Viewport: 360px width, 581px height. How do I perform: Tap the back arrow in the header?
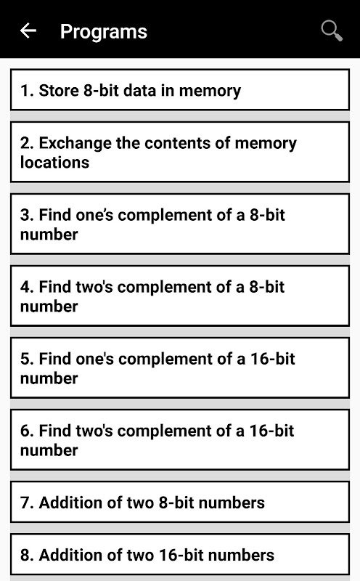[x=28, y=31]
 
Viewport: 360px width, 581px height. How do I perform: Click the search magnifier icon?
[x=332, y=31]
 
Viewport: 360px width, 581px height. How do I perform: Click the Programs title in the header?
[x=104, y=31]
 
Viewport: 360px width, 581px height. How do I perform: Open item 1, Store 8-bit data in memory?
[x=180, y=89]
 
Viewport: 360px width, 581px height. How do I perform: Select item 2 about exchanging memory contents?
[x=180, y=152]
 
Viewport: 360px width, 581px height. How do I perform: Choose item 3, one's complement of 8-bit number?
[x=180, y=224]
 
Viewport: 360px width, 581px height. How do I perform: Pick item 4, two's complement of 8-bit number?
[x=180, y=296]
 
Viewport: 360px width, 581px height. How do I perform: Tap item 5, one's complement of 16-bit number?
[x=180, y=367]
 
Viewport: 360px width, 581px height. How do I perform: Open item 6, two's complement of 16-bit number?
[x=180, y=439]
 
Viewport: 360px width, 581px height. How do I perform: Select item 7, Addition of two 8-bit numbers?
[x=180, y=502]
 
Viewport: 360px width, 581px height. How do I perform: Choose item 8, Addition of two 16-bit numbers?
[x=180, y=554]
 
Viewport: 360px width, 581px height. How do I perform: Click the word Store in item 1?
[x=59, y=90]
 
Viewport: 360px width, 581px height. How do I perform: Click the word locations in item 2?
[x=55, y=162]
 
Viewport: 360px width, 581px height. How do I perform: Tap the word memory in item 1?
[x=210, y=92]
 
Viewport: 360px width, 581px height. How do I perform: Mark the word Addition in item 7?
[x=81, y=503]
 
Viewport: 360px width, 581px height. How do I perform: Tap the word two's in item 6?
[x=94, y=431]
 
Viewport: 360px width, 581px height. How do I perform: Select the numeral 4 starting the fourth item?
[x=25, y=287]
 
